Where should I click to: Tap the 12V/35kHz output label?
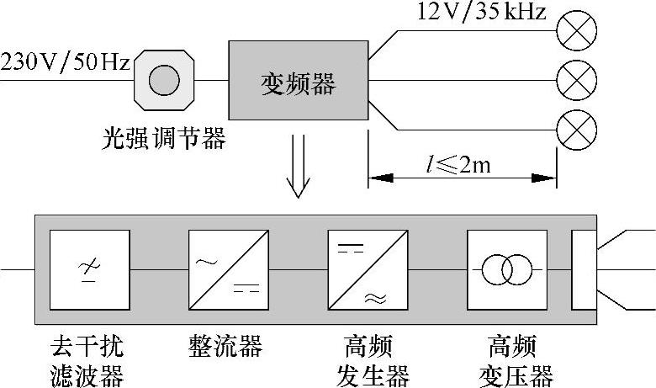482,13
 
